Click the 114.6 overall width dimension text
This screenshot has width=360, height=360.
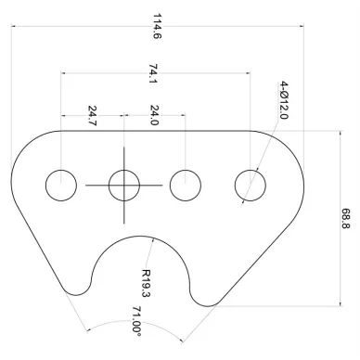(x=157, y=26)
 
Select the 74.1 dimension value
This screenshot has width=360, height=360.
(x=153, y=73)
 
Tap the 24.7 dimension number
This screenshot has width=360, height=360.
(x=93, y=116)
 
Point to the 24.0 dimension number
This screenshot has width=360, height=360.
(x=154, y=115)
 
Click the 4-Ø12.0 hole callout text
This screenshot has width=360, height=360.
(x=284, y=100)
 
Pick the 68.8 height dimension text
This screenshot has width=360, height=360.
(x=346, y=218)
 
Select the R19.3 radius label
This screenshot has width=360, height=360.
(x=146, y=283)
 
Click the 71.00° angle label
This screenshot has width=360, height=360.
(x=136, y=322)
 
